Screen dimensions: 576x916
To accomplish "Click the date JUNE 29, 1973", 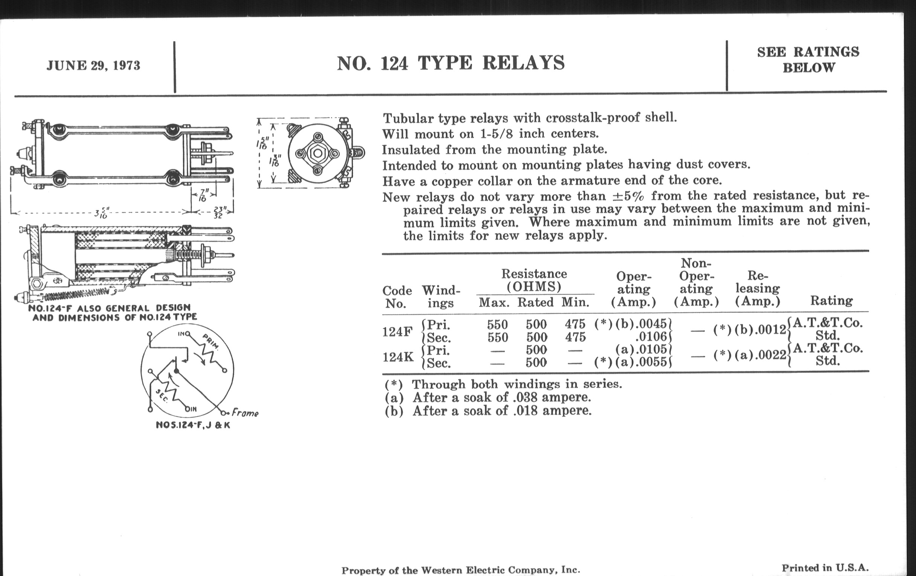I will (93, 66).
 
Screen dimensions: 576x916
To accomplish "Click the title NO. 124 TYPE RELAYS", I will (451, 63).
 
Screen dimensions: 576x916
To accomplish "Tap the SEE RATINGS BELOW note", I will (808, 60).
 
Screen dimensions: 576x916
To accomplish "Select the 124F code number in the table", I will (397, 332).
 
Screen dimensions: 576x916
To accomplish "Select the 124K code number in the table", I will (397, 357).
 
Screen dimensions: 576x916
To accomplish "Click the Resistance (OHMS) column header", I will (534, 280).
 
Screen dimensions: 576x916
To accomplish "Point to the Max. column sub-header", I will (494, 303).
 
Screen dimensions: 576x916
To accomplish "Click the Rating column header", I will (831, 301).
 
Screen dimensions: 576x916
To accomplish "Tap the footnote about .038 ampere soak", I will (488, 398).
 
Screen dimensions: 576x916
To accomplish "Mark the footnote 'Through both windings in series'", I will (503, 384).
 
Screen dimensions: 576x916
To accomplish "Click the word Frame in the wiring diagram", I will (245, 413).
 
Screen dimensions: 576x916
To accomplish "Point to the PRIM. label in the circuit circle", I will (210, 341).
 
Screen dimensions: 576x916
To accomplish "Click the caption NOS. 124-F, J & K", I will (193, 425).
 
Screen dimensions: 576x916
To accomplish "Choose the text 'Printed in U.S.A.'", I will (825, 568).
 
